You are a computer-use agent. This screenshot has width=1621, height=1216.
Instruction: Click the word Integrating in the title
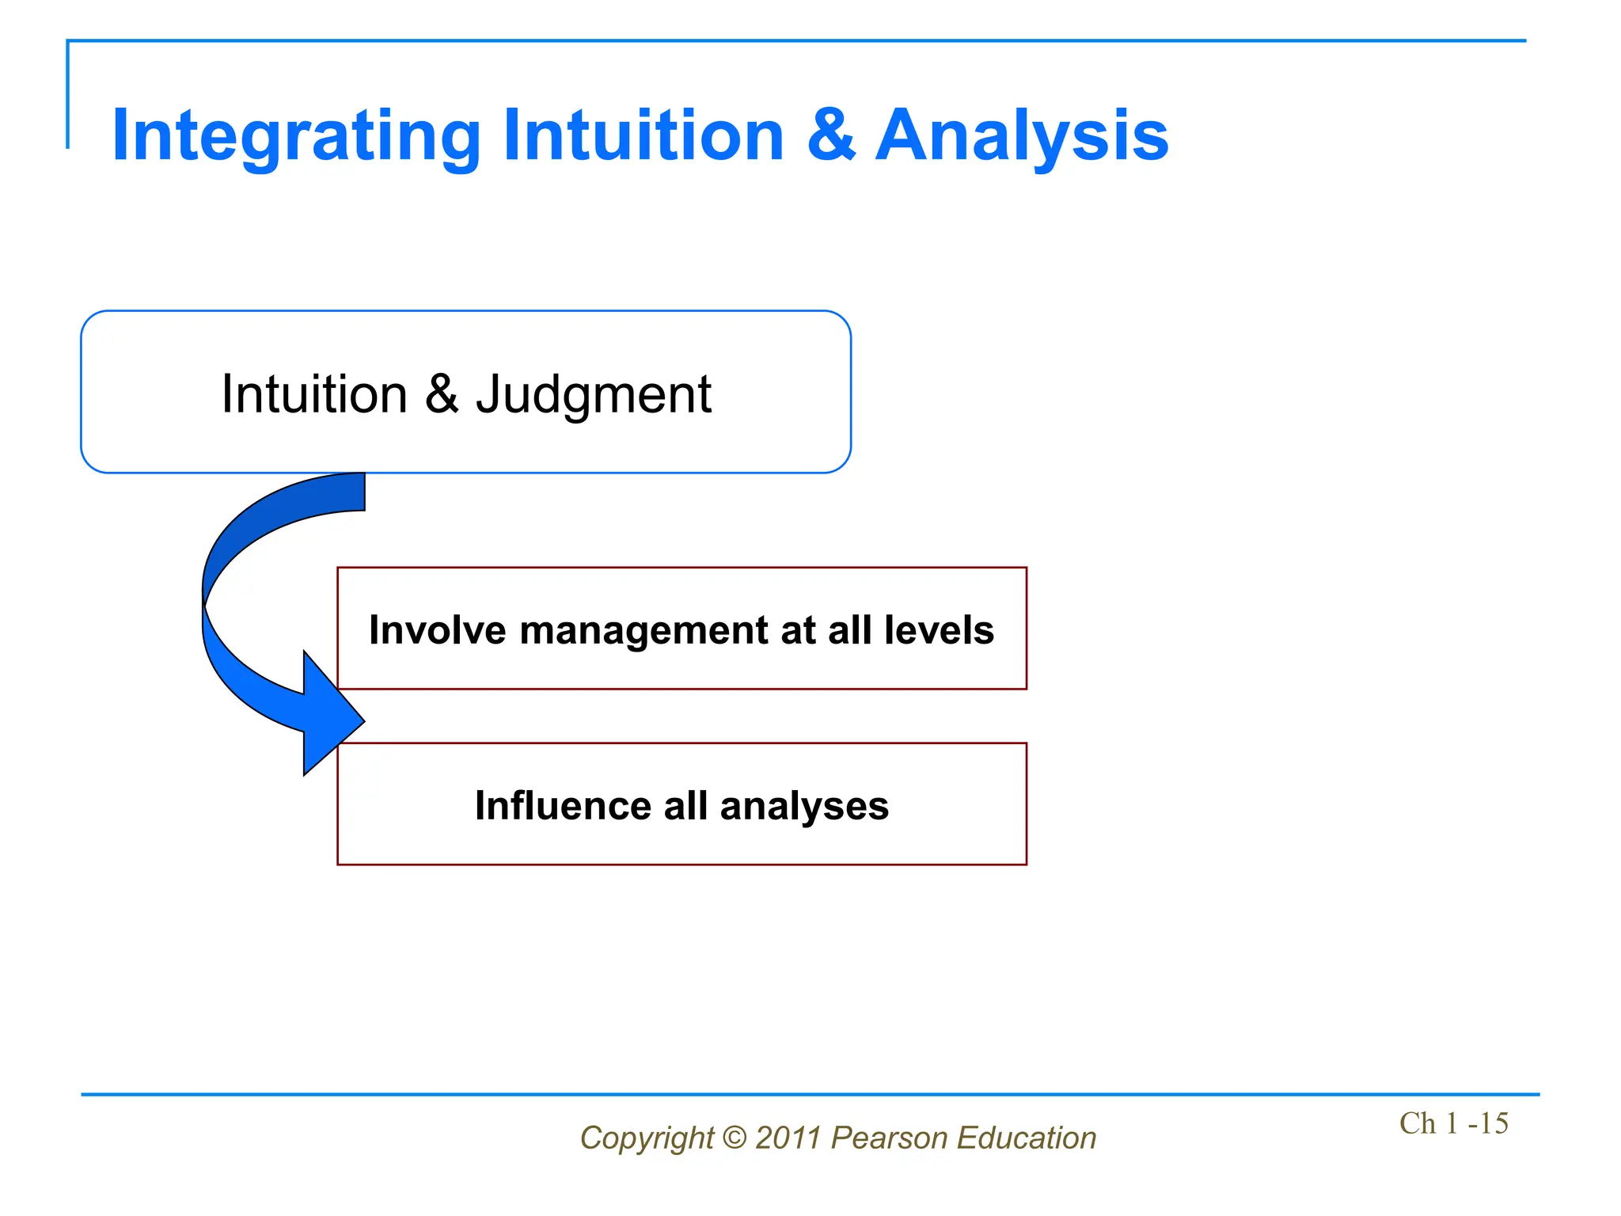[296, 136]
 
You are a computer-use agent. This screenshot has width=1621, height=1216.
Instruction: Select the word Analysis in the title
[1021, 136]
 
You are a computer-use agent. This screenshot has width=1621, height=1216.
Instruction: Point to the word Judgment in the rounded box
[593, 395]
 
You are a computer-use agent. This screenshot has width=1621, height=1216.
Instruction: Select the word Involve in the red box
[437, 630]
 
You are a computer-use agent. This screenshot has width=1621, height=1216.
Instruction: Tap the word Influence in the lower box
[563, 806]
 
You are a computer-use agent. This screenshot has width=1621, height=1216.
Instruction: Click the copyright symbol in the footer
[735, 1138]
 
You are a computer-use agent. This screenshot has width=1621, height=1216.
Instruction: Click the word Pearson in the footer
[889, 1138]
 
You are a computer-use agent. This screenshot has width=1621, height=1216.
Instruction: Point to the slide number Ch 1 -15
[1453, 1123]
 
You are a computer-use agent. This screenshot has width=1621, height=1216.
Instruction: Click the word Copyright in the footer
[647, 1138]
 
